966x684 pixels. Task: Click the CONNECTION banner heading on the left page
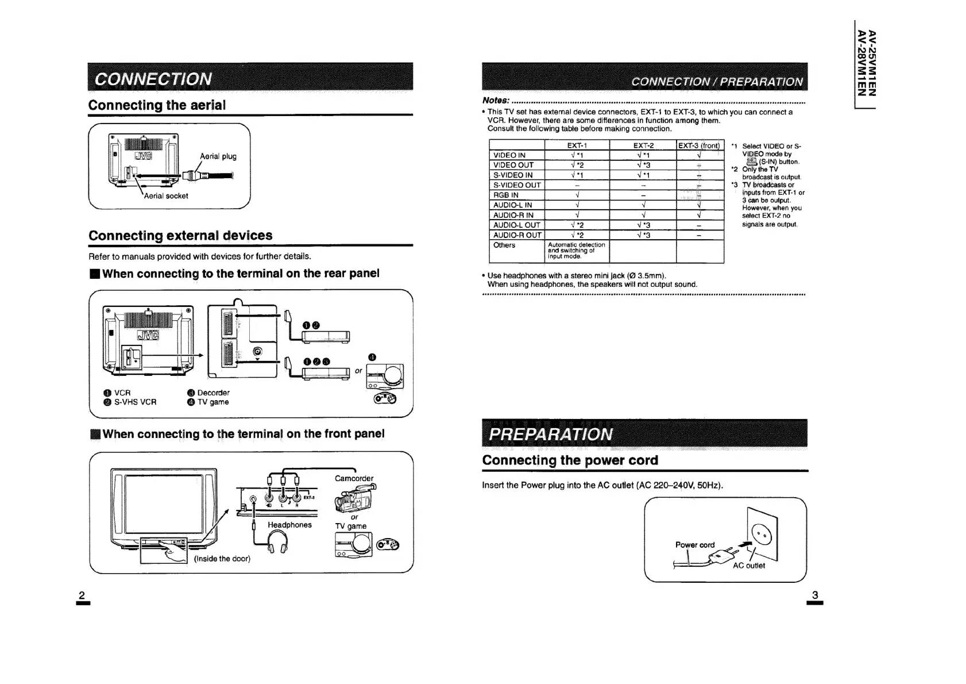(x=153, y=79)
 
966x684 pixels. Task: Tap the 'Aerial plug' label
(x=218, y=156)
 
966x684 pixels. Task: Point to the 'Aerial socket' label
(x=166, y=196)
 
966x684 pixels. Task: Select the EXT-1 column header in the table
(x=577, y=145)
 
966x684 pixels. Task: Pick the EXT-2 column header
(x=643, y=145)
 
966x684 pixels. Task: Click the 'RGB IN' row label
(x=506, y=195)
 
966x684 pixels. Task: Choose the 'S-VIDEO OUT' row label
(x=517, y=185)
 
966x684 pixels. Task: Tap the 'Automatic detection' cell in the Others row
(x=576, y=251)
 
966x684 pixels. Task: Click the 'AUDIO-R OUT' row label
(x=517, y=235)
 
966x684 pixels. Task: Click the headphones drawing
(x=279, y=541)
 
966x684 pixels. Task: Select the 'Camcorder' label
(x=354, y=478)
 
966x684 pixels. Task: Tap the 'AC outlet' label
(x=749, y=566)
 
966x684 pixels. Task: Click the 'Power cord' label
(x=695, y=545)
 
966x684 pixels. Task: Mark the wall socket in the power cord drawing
(x=763, y=536)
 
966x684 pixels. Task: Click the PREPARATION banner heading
(x=550, y=434)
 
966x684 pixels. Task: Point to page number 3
(x=814, y=596)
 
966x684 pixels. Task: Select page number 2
(x=82, y=595)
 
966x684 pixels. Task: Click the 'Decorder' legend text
(x=213, y=393)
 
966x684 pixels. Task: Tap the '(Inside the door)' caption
(x=222, y=559)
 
